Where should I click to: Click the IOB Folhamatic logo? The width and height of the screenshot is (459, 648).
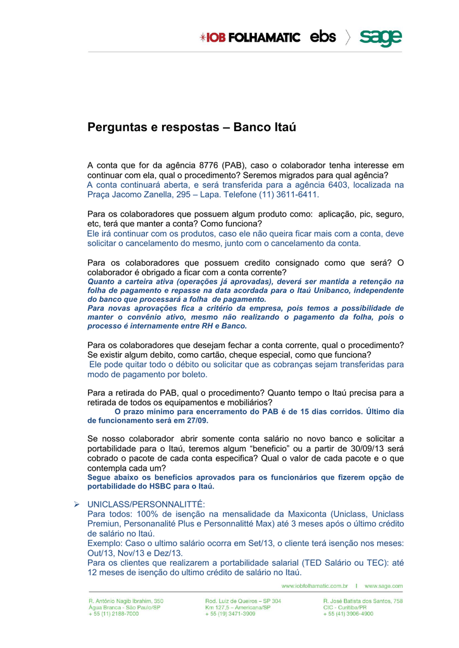click(x=249, y=37)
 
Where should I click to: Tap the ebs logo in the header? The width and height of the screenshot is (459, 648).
click(x=323, y=37)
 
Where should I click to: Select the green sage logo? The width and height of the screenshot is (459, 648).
click(x=381, y=37)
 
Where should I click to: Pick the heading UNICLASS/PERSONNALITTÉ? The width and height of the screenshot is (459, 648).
click(x=146, y=504)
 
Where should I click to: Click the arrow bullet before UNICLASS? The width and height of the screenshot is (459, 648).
click(x=75, y=504)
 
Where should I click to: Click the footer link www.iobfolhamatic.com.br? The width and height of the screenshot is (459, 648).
click(x=315, y=586)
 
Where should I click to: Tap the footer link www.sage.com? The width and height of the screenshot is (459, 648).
click(x=384, y=586)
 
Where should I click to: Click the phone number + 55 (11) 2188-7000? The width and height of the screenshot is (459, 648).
click(x=113, y=614)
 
